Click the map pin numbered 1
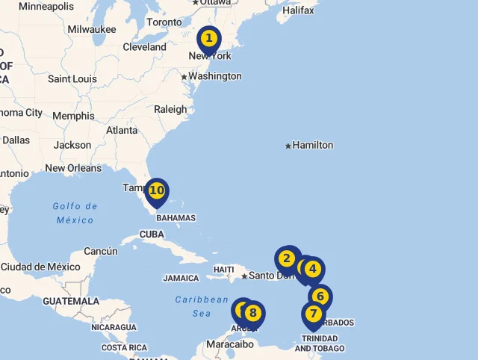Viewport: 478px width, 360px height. click(208, 38)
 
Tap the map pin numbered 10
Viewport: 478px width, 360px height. click(156, 190)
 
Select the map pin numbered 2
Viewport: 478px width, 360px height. click(287, 259)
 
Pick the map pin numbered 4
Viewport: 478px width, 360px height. click(312, 269)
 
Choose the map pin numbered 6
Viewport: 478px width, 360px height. click(320, 297)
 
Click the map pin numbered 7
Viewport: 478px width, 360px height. click(313, 314)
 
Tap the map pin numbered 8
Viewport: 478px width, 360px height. click(253, 313)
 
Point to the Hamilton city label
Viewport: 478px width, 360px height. click(313, 145)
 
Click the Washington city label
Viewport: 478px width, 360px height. click(215, 76)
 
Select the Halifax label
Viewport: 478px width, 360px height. click(299, 10)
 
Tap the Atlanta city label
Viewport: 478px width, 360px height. click(122, 130)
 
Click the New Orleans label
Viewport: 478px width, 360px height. click(73, 168)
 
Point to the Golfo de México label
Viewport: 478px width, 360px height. click(75, 213)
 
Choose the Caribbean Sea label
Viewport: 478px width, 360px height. click(202, 306)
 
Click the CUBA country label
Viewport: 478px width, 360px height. click(152, 234)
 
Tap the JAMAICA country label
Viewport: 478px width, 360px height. click(181, 278)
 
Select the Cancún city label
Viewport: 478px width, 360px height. click(101, 251)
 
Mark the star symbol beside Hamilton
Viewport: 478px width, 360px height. click(288, 146)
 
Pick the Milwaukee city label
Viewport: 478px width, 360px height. click(92, 29)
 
